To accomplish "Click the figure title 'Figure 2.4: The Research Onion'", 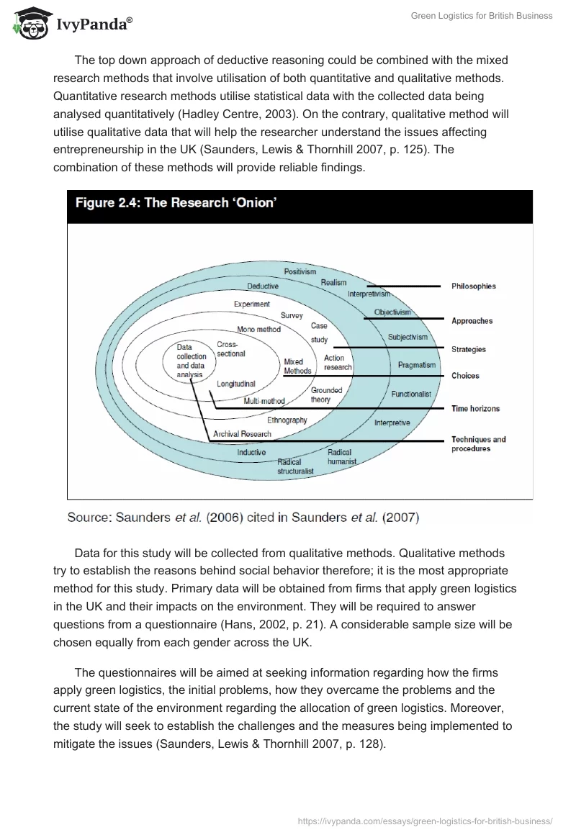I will point(175,203).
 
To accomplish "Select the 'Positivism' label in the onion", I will point(300,272).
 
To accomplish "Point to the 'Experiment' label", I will point(252,304).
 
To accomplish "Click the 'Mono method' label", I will point(258,330).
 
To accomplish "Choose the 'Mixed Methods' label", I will point(297,366).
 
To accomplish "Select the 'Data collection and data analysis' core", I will point(192,361).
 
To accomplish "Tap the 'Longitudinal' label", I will point(236,384).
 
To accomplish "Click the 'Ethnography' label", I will point(287,420).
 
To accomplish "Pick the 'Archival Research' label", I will point(243,434).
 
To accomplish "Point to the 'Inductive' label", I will point(251,452).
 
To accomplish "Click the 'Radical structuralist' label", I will point(295,466).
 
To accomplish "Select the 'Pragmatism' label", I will point(417,365).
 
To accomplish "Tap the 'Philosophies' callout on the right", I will point(473,286).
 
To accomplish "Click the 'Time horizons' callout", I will point(475,409).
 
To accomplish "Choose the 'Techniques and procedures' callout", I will point(478,444).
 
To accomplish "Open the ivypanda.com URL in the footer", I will point(425,820).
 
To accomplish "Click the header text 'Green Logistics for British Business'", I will point(481,16).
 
